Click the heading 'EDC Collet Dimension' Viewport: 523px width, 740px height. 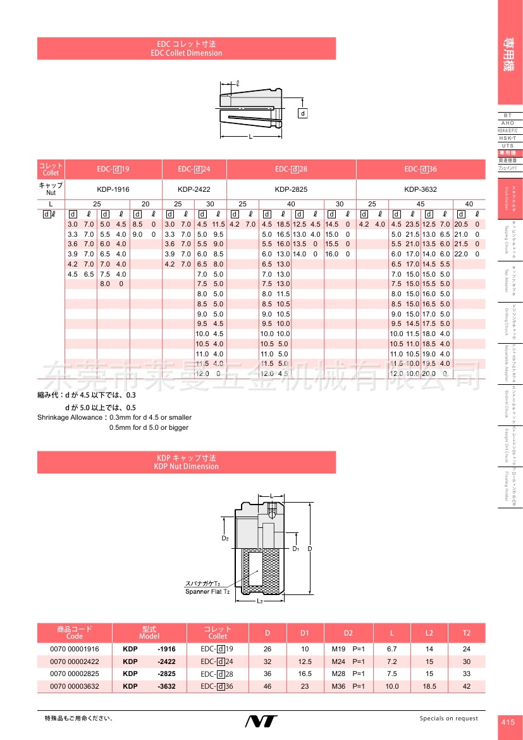click(x=187, y=53)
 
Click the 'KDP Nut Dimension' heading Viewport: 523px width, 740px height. click(x=187, y=467)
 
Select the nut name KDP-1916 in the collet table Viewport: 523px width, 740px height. click(x=114, y=189)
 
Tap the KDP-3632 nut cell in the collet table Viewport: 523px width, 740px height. click(x=421, y=189)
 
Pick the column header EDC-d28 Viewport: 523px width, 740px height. click(x=291, y=169)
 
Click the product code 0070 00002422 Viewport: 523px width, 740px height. click(x=75, y=662)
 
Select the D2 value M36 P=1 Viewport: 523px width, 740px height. click(x=348, y=686)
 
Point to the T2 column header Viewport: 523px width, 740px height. click(x=467, y=633)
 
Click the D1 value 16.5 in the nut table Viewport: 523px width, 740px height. click(x=305, y=674)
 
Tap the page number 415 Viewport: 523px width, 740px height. click(x=508, y=722)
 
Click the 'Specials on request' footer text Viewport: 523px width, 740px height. click(x=449, y=718)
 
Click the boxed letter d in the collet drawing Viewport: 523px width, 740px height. click(x=302, y=113)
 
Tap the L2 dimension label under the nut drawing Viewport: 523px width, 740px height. click(x=260, y=600)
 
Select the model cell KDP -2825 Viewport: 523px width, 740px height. click(x=149, y=674)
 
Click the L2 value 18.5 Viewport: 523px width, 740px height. click(x=429, y=686)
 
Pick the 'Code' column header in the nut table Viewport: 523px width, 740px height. click(x=75, y=636)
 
